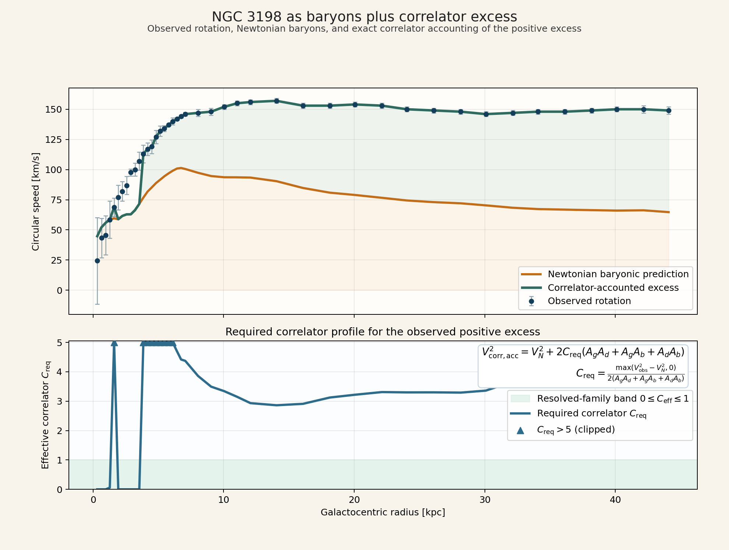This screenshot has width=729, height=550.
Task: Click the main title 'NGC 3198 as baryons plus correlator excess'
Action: click(x=364, y=17)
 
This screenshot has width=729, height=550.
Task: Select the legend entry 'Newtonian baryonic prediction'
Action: click(x=618, y=274)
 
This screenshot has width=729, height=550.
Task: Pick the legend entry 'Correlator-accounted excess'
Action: click(x=613, y=288)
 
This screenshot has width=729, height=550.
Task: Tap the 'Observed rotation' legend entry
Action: click(x=589, y=301)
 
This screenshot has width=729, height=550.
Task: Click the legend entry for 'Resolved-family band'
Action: click(x=613, y=399)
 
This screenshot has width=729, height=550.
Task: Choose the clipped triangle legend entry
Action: click(x=576, y=430)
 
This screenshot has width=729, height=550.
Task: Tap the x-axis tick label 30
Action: click(x=485, y=500)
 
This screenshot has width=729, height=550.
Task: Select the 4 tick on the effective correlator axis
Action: click(x=60, y=372)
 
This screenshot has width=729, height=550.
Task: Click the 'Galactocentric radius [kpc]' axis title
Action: click(x=383, y=512)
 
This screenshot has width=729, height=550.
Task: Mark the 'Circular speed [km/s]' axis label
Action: click(x=36, y=201)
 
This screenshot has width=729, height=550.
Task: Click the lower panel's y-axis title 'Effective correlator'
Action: click(x=45, y=415)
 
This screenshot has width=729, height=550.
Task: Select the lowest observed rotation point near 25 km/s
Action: click(x=97, y=261)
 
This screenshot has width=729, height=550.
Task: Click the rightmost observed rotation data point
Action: click(x=669, y=110)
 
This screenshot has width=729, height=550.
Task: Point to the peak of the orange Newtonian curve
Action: click(x=181, y=168)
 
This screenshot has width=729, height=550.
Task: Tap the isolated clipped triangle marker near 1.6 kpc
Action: click(x=114, y=343)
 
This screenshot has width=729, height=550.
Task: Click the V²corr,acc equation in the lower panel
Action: click(x=583, y=352)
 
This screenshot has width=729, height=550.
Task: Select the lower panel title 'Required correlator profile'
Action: click(x=383, y=332)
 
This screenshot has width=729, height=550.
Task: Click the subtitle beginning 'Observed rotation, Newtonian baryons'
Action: click(x=364, y=29)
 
